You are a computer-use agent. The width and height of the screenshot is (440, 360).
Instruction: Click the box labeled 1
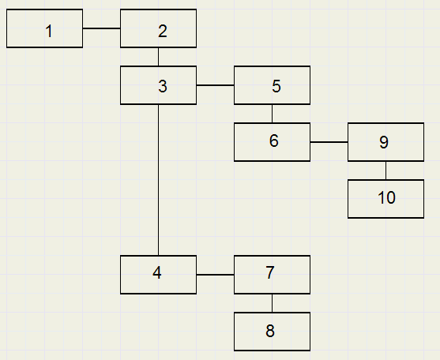(x=44, y=28)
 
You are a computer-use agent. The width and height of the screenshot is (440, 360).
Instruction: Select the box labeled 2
(x=158, y=28)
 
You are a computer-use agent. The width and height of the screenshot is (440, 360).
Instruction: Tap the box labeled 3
(x=158, y=85)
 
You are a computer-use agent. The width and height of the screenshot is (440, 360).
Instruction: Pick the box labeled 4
(x=158, y=275)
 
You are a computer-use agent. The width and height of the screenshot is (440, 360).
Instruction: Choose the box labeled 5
(x=272, y=85)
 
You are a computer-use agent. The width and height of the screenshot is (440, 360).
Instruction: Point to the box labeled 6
(x=272, y=142)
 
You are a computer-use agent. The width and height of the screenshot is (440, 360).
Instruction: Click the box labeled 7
(x=272, y=275)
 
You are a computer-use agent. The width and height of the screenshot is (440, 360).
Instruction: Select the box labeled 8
(x=272, y=332)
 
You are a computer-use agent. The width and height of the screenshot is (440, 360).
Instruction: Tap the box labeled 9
(x=385, y=142)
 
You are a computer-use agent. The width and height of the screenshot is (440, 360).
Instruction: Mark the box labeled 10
(x=385, y=199)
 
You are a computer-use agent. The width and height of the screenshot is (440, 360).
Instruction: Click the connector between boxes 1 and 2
(x=102, y=28)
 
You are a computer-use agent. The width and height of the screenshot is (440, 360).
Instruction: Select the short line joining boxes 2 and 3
(x=158, y=57)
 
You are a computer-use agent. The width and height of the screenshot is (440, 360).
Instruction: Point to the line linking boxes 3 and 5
(x=215, y=85)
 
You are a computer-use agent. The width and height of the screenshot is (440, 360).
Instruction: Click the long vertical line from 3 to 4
(x=158, y=180)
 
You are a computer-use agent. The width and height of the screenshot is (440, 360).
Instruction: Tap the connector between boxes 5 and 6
(x=272, y=114)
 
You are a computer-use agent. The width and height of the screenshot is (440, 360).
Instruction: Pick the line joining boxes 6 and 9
(x=329, y=142)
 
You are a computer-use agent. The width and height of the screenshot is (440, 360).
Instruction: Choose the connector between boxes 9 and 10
(x=385, y=171)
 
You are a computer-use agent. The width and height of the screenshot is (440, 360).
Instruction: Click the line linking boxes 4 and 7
(x=215, y=275)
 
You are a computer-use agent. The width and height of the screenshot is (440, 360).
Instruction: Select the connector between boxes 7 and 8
(x=272, y=303)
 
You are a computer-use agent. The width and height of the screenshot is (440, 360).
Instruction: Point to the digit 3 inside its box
(x=163, y=86)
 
